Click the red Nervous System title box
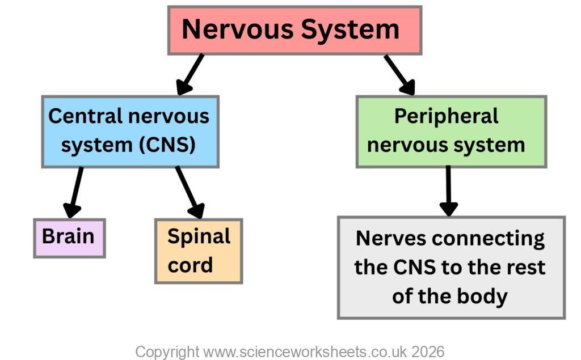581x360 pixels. (294, 30)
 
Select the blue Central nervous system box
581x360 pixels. (130, 132)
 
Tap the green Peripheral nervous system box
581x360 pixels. (451, 132)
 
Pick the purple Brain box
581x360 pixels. (69, 238)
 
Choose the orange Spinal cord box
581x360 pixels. (199, 251)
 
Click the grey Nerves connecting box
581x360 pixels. (451, 267)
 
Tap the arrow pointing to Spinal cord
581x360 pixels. (190, 193)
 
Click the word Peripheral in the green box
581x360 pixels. (446, 116)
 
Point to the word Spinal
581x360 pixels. (199, 236)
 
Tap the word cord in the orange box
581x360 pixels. (190, 265)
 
